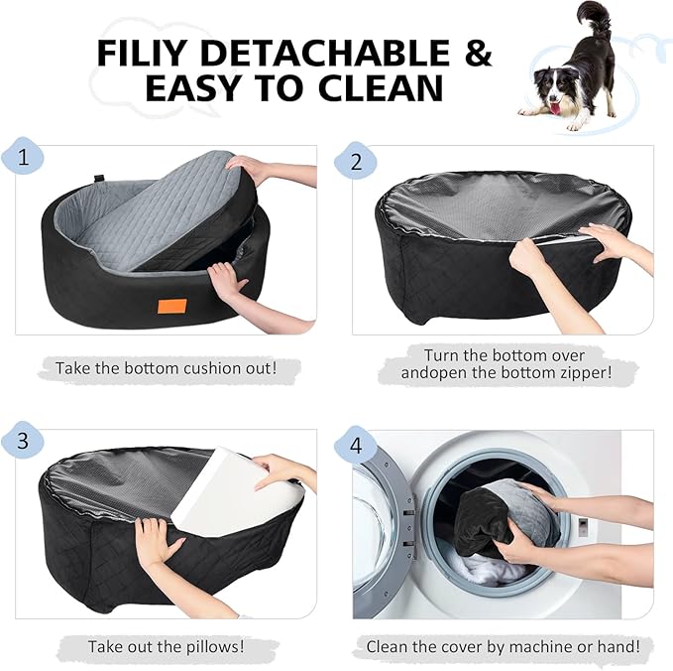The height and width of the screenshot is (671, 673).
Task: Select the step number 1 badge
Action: [25, 158]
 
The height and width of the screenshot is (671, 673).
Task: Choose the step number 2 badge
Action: [355, 158]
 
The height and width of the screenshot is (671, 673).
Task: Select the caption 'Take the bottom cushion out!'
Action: [165, 368]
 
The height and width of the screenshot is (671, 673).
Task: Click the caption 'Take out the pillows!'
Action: [166, 646]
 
